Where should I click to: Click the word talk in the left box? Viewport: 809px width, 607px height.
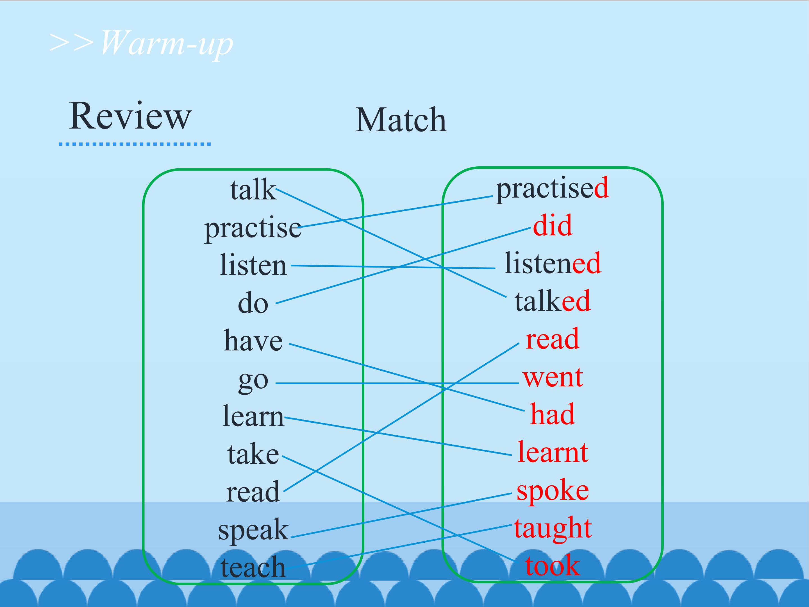[x=253, y=189]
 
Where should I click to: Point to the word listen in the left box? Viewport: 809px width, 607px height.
[x=253, y=264]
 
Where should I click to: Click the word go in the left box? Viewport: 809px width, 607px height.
[x=253, y=382]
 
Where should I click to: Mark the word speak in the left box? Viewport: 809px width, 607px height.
[x=253, y=531]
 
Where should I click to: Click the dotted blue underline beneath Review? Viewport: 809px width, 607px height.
[x=135, y=144]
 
